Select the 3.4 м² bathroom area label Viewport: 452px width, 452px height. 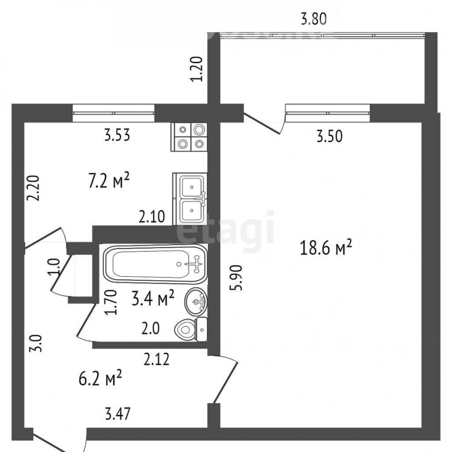pyautogui.click(x=153, y=298)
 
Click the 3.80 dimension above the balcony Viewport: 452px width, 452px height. pyautogui.click(x=313, y=20)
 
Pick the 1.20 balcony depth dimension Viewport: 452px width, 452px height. pyautogui.click(x=197, y=69)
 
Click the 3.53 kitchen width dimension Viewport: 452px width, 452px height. pyautogui.click(x=117, y=135)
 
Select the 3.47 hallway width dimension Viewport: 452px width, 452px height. pyautogui.click(x=118, y=414)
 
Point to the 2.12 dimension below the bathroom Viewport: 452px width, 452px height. pyautogui.click(x=157, y=359)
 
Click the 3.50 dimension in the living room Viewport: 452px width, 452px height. pyautogui.click(x=329, y=136)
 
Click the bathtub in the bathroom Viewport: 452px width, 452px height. pyautogui.click(x=155, y=264)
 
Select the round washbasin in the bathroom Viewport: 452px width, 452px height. pyautogui.click(x=196, y=301)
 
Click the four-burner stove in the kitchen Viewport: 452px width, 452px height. pyautogui.click(x=189, y=137)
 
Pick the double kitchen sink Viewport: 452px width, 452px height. pyautogui.click(x=190, y=199)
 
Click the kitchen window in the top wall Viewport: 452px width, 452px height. pyautogui.click(x=114, y=113)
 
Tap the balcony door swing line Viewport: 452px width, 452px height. pyautogui.click(x=262, y=124)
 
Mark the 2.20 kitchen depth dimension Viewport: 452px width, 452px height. pyautogui.click(x=32, y=188)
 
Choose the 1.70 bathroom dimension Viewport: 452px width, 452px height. pyautogui.click(x=111, y=302)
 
